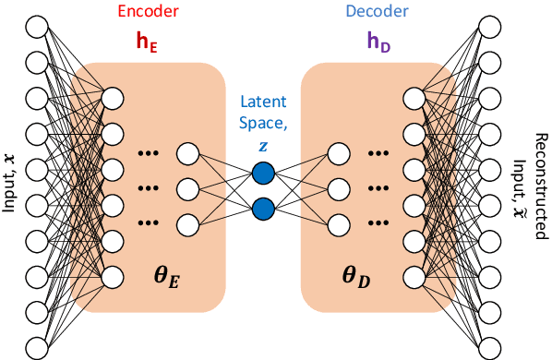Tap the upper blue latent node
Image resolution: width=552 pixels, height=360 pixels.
pos(264,172)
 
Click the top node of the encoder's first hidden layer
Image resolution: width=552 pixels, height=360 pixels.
pos(114,97)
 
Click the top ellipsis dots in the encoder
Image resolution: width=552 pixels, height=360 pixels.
pos(148,153)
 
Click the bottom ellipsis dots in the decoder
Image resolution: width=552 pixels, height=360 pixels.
pos(380,222)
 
